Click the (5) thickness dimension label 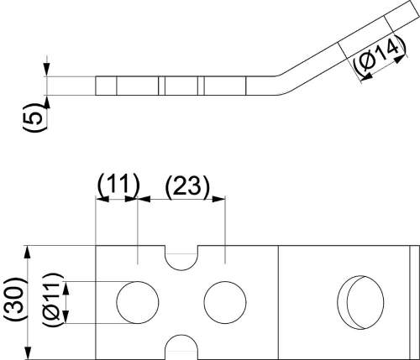34,117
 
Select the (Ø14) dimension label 380,56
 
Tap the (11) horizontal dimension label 118,185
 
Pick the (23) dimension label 187,186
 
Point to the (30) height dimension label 15,299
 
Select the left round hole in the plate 138,302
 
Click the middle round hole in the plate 225,302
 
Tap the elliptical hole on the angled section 360,302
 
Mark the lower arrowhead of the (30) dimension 28,353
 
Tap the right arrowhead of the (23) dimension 218,199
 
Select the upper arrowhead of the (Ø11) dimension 66,288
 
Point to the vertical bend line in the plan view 278,303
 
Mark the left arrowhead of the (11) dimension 102,199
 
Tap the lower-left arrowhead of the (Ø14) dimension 366,76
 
